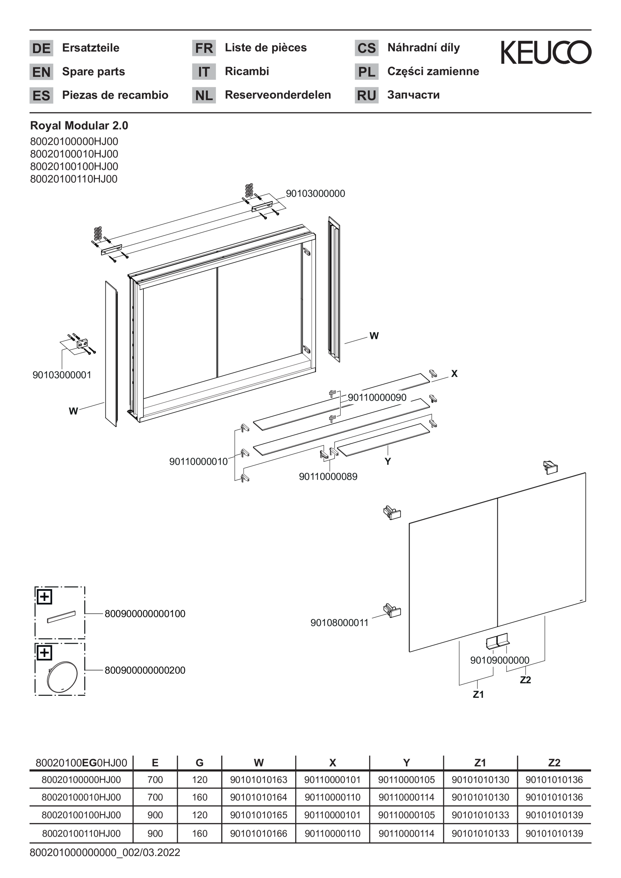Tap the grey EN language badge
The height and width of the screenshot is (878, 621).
click(x=41, y=72)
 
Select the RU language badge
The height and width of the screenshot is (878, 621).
click(x=366, y=95)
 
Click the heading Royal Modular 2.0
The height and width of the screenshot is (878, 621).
click(x=79, y=125)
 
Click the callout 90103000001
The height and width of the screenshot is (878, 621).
click(x=62, y=375)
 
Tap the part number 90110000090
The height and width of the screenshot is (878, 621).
click(x=377, y=397)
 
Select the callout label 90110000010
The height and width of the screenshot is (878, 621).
click(x=199, y=462)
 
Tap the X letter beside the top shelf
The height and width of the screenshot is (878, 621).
click(x=454, y=374)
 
